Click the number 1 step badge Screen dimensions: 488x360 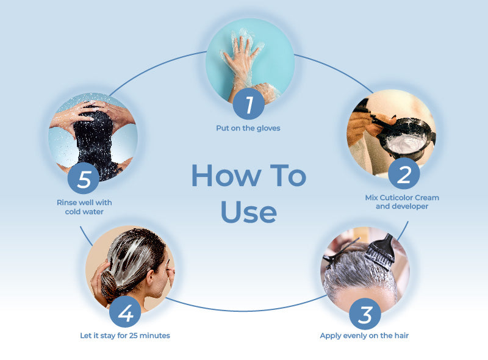point(249,104)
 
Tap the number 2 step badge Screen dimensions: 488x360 point(404,173)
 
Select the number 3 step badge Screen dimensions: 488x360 point(365,314)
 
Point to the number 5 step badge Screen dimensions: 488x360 point(84,178)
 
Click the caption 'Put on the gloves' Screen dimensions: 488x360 point(248,128)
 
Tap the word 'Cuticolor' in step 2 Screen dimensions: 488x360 point(396,198)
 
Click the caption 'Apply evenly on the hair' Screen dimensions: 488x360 point(364,336)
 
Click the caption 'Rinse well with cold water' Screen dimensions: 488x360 point(84,207)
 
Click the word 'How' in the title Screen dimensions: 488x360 point(226,176)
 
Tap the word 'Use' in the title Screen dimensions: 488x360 point(249,212)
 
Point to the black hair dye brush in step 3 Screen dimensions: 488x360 point(381,251)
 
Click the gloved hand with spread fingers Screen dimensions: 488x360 point(242,59)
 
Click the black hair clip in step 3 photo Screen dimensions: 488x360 point(340,253)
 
